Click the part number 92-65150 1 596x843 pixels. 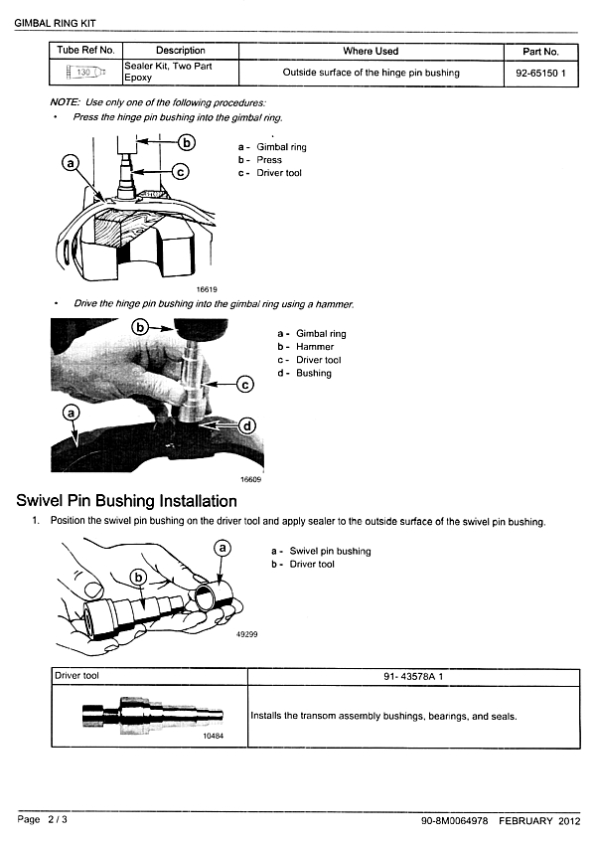(x=540, y=73)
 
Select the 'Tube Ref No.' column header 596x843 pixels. (x=86, y=50)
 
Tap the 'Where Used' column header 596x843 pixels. (x=371, y=51)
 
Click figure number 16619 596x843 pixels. (x=209, y=289)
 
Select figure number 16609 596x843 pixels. (x=250, y=479)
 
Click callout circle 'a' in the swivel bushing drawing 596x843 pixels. (x=223, y=548)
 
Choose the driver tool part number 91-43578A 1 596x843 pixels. (x=412, y=676)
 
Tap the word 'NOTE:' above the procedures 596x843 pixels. (x=65, y=103)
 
